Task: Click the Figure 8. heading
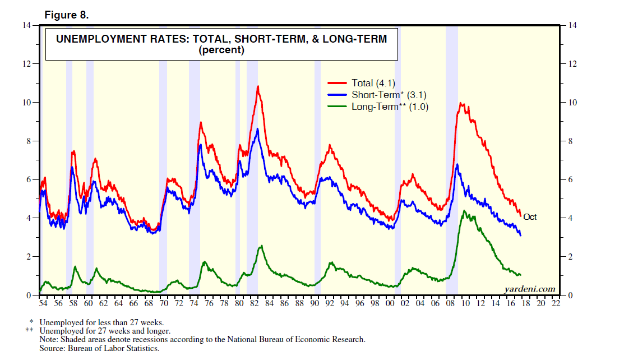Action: coord(66,15)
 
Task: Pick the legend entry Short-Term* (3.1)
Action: coord(385,95)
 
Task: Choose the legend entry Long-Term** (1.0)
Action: coord(390,107)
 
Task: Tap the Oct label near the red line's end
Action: coord(529,217)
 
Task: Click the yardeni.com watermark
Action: coord(529,289)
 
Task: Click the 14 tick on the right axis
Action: coord(572,25)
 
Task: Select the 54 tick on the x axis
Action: coord(43,303)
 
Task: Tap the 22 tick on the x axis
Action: coord(556,303)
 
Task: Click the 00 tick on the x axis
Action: coord(390,303)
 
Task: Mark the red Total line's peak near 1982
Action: coord(258,86)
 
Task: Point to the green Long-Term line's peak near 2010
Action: coord(464,211)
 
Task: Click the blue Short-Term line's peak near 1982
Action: coord(257,129)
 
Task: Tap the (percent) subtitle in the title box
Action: coord(221,50)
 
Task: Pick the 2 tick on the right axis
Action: coord(570,256)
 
